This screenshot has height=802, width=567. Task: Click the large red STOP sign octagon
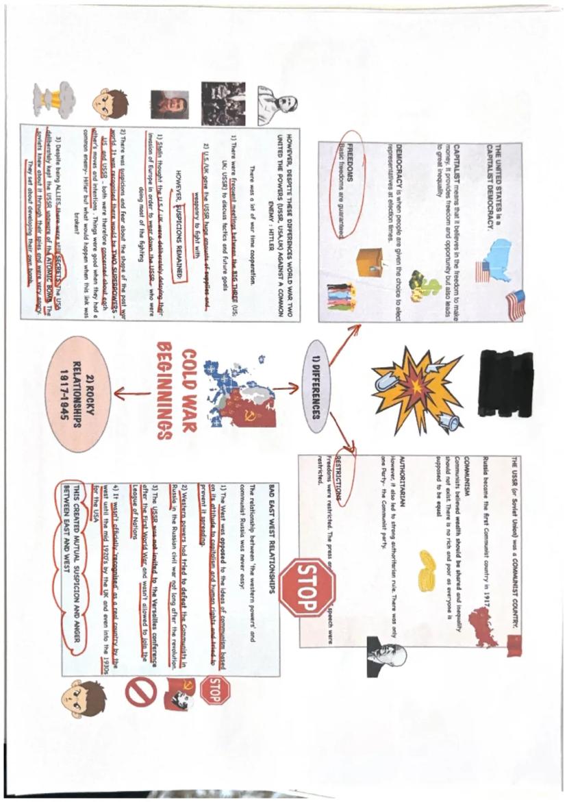[x=307, y=588]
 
